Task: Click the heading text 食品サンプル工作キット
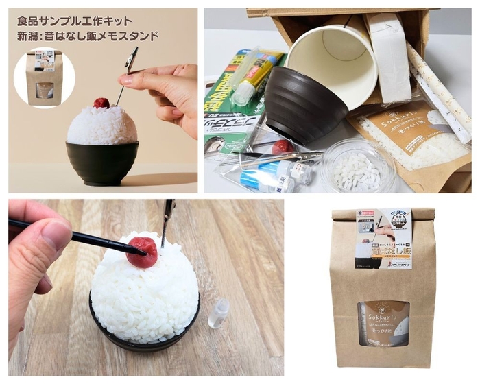pos(73,21)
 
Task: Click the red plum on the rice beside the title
pos(101,103)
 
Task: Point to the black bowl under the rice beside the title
pos(102,162)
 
